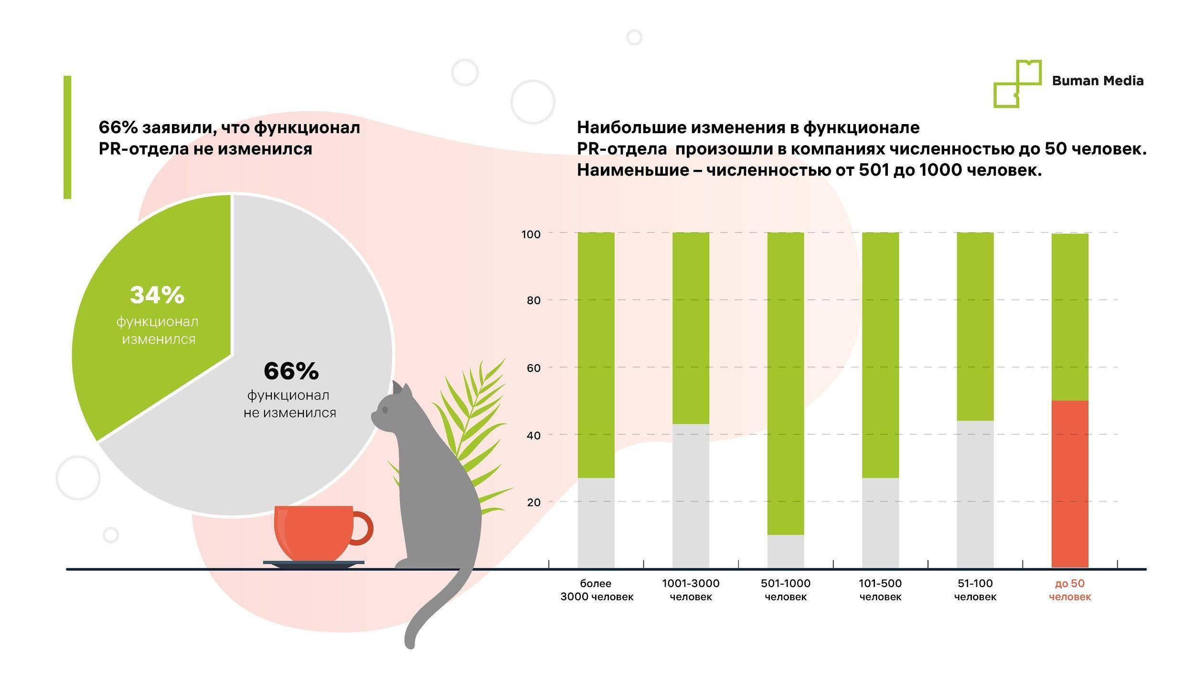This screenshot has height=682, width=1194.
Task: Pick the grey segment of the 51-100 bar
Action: tap(975, 493)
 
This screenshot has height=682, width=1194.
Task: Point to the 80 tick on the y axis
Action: tap(534, 300)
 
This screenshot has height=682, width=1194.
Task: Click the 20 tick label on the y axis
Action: tap(534, 502)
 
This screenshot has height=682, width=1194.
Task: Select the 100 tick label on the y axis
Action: tap(531, 234)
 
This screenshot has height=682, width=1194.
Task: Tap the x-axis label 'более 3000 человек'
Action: tap(597, 590)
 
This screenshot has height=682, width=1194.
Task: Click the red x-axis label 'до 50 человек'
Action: tap(1069, 590)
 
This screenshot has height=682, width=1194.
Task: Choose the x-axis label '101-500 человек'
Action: tap(880, 590)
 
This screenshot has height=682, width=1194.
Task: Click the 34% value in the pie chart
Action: tap(157, 295)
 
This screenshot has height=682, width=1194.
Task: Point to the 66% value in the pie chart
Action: tap(291, 371)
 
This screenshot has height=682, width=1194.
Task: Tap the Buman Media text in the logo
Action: tap(1097, 81)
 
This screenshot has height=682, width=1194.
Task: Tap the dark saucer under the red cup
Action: tap(313, 564)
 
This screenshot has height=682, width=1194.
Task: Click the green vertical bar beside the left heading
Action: tap(67, 137)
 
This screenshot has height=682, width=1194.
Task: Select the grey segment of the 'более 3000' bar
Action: tap(596, 522)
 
